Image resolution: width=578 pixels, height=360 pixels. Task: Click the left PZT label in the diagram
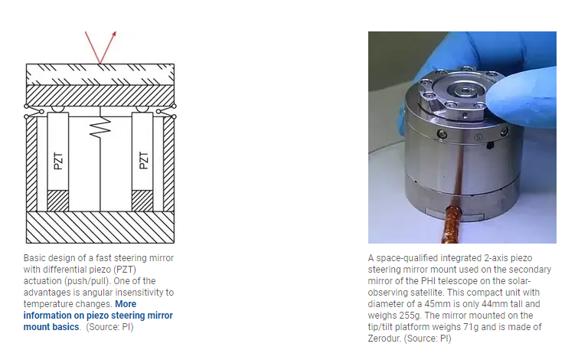(x=58, y=161)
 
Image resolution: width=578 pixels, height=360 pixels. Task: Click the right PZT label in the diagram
(x=144, y=160)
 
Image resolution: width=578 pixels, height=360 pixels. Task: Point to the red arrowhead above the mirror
(x=113, y=34)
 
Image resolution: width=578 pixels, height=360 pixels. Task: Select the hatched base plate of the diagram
(x=100, y=227)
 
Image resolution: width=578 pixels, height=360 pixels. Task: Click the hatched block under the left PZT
(x=58, y=201)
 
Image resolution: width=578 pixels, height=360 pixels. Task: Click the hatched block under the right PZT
(x=142, y=201)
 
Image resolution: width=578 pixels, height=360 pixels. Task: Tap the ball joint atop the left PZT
(x=57, y=110)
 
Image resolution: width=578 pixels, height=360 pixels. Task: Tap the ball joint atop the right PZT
(x=142, y=110)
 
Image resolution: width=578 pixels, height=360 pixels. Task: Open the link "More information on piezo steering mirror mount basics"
(x=98, y=316)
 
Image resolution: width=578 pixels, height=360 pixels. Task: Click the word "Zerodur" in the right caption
(x=384, y=339)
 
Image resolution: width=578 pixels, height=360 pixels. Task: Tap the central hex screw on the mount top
(x=465, y=90)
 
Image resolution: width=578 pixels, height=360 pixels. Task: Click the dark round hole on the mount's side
(x=490, y=145)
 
